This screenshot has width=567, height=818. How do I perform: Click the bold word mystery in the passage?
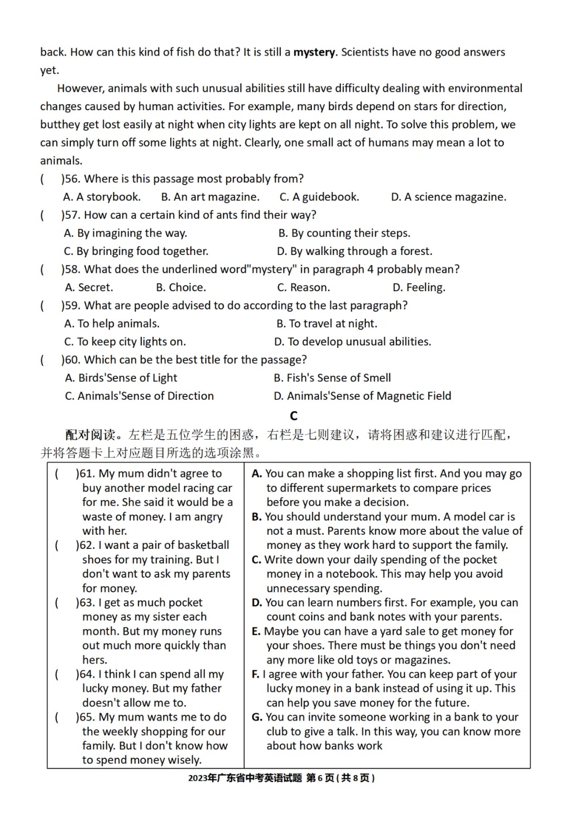pyautogui.click(x=314, y=52)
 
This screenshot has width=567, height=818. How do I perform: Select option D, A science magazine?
pyautogui.click(x=449, y=197)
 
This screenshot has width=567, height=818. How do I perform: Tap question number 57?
pyautogui.click(x=72, y=215)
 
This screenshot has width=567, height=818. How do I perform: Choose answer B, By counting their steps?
pyautogui.click(x=344, y=233)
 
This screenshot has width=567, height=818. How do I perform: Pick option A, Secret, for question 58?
pyautogui.click(x=89, y=288)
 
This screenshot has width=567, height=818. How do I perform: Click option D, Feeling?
pyautogui.click(x=419, y=288)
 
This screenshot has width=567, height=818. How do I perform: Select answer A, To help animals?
pyautogui.click(x=112, y=324)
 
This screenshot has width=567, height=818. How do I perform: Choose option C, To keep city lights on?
pyautogui.click(x=125, y=342)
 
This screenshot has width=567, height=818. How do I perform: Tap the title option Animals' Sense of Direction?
pyautogui.click(x=139, y=396)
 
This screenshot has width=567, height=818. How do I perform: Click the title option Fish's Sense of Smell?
pyautogui.click(x=332, y=378)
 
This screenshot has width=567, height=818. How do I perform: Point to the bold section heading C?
pyautogui.click(x=293, y=416)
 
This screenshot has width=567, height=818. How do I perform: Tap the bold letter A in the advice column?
pyautogui.click(x=256, y=474)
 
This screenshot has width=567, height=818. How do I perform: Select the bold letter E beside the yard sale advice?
pyautogui.click(x=256, y=632)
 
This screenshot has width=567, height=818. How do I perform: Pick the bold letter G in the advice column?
pyautogui.click(x=257, y=717)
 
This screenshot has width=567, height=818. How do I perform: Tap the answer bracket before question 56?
pyautogui.click(x=43, y=179)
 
